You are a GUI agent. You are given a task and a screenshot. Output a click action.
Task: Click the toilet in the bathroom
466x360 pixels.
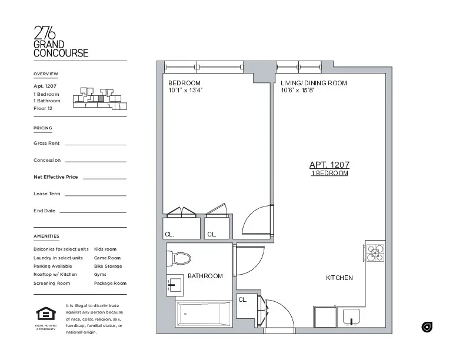(x=180, y=258)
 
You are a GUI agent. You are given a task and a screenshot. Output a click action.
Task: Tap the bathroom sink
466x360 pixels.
(x=173, y=285)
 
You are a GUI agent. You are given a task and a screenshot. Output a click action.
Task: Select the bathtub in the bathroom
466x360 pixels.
(x=204, y=314)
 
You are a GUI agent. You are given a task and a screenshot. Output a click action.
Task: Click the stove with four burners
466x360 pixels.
(x=375, y=252)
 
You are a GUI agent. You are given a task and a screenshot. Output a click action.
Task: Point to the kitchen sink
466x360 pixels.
(x=351, y=317)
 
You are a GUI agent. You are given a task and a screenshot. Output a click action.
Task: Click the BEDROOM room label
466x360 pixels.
(x=184, y=83)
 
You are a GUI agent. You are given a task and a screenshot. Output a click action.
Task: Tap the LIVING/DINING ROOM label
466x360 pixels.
(x=314, y=83)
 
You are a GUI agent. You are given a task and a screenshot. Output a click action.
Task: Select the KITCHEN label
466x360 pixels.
(x=339, y=278)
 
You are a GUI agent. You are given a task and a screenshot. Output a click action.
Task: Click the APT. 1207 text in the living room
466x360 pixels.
(x=329, y=165)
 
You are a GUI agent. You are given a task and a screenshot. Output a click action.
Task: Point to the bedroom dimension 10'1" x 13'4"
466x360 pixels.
(x=185, y=91)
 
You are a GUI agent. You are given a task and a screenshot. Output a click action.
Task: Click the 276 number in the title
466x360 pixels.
(x=45, y=32)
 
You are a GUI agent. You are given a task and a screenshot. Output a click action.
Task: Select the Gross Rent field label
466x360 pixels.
(x=46, y=143)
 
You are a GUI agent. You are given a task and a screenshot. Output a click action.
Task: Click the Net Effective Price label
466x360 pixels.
(x=56, y=176)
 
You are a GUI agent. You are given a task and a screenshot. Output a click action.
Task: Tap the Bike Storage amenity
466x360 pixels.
(x=108, y=266)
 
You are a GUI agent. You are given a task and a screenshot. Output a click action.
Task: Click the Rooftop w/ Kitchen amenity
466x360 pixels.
(x=55, y=275)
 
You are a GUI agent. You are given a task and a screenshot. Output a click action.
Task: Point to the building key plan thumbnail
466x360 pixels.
(x=99, y=98)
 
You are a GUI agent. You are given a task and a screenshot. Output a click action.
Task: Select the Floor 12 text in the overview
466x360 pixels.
(x=43, y=108)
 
